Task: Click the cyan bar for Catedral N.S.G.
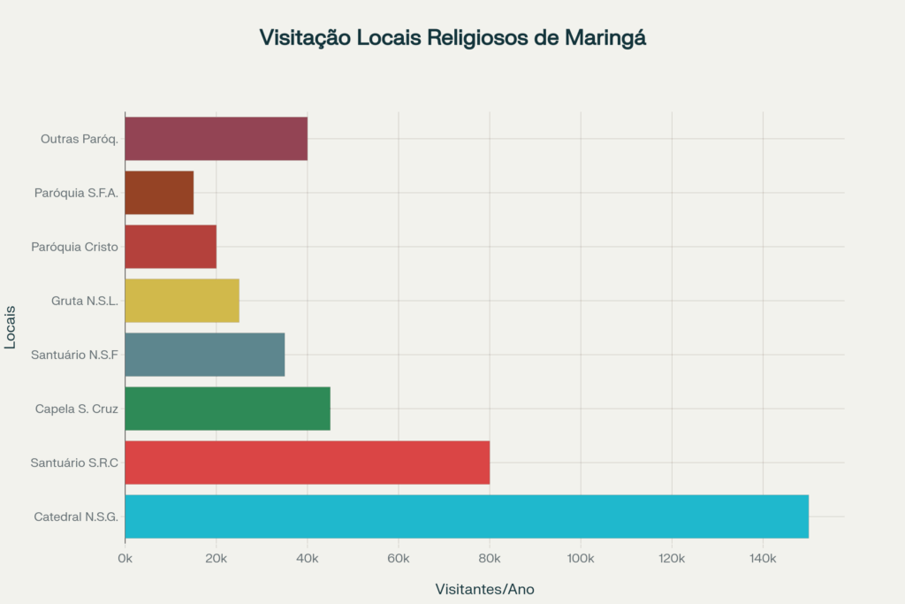pyautogui.click(x=467, y=516)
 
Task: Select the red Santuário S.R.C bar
pyautogui.click(x=307, y=463)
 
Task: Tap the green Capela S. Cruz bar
pyautogui.click(x=227, y=409)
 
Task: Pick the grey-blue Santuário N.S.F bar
pyautogui.click(x=204, y=355)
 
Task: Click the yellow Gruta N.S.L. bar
pyautogui.click(x=181, y=301)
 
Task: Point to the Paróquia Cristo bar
pyautogui.click(x=170, y=247)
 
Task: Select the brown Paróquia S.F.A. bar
pyautogui.click(x=159, y=193)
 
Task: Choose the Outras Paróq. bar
pyautogui.click(x=216, y=139)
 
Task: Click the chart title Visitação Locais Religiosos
pyautogui.click(x=452, y=38)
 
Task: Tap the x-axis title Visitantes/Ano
pyautogui.click(x=484, y=589)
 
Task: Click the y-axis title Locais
pyautogui.click(x=11, y=327)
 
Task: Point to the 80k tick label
pyautogui.click(x=490, y=558)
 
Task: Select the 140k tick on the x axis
pyautogui.click(x=763, y=558)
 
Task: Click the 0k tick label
pyautogui.click(x=125, y=558)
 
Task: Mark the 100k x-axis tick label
pyautogui.click(x=581, y=558)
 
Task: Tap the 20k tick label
pyautogui.click(x=216, y=558)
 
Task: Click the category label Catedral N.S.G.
pyautogui.click(x=76, y=516)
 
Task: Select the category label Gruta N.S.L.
pyautogui.click(x=85, y=301)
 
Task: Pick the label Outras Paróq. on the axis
pyautogui.click(x=80, y=139)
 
